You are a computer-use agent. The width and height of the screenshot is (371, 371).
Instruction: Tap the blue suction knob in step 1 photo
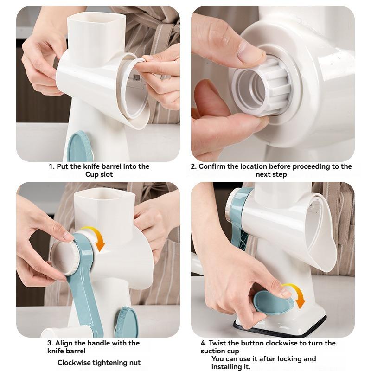80,147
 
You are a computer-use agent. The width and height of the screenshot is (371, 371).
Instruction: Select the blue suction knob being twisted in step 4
273,302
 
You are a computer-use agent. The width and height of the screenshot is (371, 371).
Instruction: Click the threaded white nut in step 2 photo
262,87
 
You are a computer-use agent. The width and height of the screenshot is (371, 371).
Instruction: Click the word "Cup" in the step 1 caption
91,174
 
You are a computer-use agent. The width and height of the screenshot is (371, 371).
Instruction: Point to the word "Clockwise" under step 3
74,363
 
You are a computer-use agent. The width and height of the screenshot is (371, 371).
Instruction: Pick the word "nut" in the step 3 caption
135,363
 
